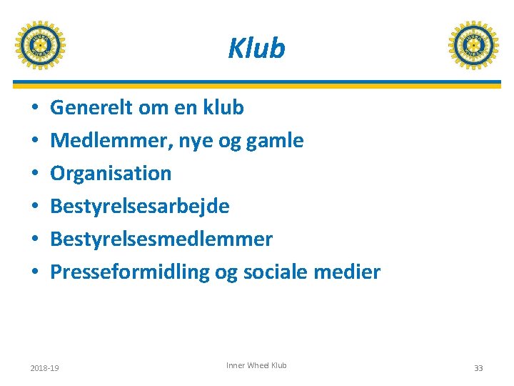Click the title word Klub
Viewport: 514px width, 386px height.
[x=256, y=48]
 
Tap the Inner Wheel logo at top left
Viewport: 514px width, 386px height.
[x=40, y=45]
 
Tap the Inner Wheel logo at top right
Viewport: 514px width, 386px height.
[x=473, y=45]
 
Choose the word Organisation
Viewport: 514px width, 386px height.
[x=111, y=173]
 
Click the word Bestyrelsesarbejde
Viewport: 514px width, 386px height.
[x=140, y=207]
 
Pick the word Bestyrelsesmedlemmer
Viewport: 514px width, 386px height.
[x=161, y=239]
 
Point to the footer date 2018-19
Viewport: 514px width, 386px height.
[x=44, y=368]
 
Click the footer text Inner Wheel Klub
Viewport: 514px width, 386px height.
[x=256, y=365]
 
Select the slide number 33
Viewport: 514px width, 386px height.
[x=478, y=368]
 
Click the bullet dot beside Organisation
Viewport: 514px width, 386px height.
[x=35, y=174]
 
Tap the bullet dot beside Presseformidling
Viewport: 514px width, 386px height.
[x=35, y=272]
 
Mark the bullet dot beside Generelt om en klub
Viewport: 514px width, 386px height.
[x=35, y=108]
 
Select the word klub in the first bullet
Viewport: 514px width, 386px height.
[x=223, y=108]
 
